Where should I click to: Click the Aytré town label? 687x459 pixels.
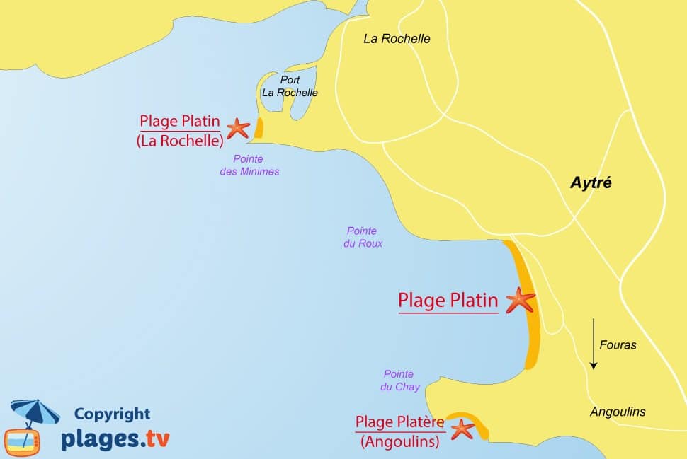(591, 183)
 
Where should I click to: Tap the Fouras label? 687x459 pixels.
(618, 345)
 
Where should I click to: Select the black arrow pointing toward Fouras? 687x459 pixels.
(594, 344)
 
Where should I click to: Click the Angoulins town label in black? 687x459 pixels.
(618, 412)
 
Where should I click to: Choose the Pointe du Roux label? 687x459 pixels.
(364, 237)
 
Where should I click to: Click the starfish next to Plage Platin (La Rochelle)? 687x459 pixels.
(237, 128)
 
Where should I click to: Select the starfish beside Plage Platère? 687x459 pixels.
(462, 429)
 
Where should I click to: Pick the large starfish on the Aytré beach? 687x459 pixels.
(521, 300)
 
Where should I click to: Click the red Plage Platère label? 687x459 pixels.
(399, 422)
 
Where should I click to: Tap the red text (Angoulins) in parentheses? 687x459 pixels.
(399, 442)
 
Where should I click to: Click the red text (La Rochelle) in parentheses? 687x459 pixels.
(180, 140)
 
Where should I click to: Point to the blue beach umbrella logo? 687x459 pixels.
(35, 412)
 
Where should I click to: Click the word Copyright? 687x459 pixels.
(112, 414)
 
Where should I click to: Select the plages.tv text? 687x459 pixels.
(115, 438)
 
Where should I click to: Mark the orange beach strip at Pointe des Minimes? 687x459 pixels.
(259, 128)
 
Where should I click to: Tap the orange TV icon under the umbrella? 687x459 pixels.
(22, 441)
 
